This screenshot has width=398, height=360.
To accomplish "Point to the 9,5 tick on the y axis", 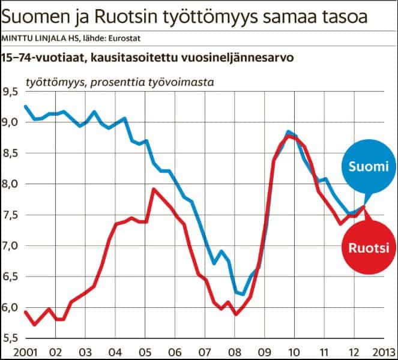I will click(11, 92).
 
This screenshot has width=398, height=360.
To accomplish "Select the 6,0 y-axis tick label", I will click(11, 308).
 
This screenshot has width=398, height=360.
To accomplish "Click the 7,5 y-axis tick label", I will click(11, 215).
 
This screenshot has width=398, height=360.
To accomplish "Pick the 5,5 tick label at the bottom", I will click(11, 338).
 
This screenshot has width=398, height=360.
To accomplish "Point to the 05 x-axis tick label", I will click(144, 351).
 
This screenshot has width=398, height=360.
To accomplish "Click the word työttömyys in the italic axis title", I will click(55, 81).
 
